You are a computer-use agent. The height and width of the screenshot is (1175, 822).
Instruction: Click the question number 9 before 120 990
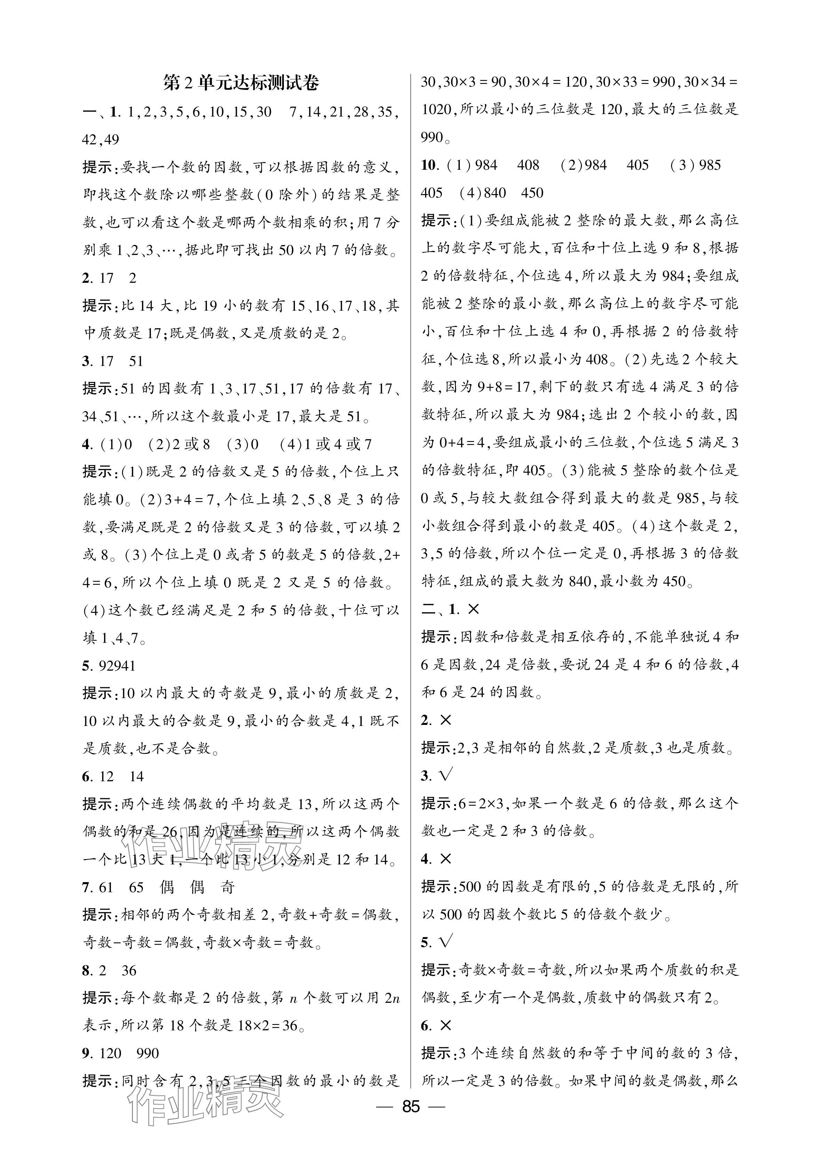point(86,1053)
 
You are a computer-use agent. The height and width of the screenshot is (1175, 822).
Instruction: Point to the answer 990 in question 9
point(148,1053)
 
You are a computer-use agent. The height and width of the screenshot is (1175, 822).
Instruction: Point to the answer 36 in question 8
point(129,970)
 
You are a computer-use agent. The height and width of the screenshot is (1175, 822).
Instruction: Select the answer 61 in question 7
point(105,887)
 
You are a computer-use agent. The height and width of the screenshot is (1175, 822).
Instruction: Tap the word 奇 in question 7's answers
point(227,887)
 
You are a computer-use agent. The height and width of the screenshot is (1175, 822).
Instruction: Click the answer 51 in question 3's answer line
point(136,361)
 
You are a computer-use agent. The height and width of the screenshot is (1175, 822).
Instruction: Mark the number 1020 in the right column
point(437,110)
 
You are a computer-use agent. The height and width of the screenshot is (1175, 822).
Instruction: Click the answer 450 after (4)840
point(532,193)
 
